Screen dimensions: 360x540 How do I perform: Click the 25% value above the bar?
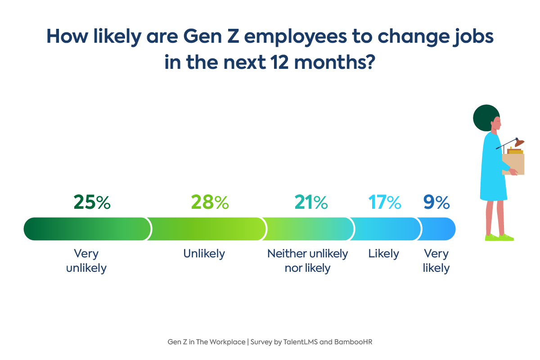[x=92, y=202]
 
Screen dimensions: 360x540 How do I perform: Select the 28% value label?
[x=210, y=202]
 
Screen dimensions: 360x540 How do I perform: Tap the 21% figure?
[x=311, y=202]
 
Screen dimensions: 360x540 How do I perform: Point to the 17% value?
[x=385, y=202]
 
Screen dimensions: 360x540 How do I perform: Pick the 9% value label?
[x=436, y=202]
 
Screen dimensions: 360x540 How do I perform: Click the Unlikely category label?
[x=204, y=254]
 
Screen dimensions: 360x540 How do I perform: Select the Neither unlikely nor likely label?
[x=308, y=261]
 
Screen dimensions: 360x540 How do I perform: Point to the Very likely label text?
[x=436, y=261]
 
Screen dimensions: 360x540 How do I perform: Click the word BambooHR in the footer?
[x=353, y=342]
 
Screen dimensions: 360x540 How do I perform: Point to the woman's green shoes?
[x=499, y=237]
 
